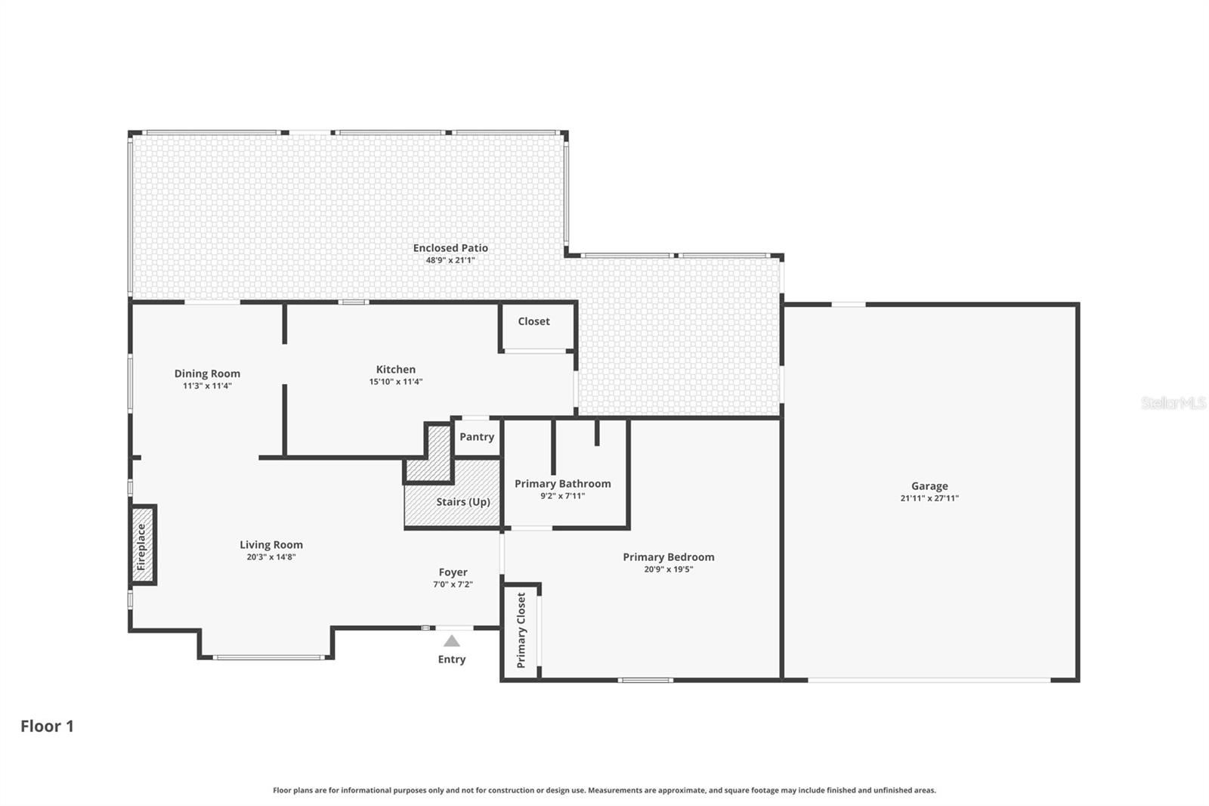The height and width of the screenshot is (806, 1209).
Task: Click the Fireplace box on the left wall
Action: pyautogui.click(x=142, y=545)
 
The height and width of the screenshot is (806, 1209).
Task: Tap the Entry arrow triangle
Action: pyautogui.click(x=451, y=641)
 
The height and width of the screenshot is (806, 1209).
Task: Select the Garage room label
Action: pyautogui.click(x=929, y=486)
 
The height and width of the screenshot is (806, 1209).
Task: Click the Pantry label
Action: pyautogui.click(x=477, y=437)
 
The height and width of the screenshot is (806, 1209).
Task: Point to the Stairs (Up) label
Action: pyautogui.click(x=462, y=502)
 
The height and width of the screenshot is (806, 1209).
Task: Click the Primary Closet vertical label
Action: pyautogui.click(x=521, y=630)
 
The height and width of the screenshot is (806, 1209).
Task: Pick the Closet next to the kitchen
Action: pyautogui.click(x=533, y=321)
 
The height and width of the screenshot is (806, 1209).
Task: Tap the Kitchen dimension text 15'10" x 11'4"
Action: pyautogui.click(x=395, y=382)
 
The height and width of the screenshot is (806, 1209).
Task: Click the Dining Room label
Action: pyautogui.click(x=207, y=374)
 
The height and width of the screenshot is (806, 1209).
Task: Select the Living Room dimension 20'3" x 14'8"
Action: pyautogui.click(x=271, y=557)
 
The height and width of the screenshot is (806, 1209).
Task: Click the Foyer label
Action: pyautogui.click(x=453, y=572)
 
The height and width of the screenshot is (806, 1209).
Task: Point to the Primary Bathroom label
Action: pyautogui.click(x=562, y=484)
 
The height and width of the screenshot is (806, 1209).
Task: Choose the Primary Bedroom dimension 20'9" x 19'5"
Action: pyautogui.click(x=668, y=569)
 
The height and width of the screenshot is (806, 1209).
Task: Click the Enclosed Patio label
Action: pyautogui.click(x=450, y=248)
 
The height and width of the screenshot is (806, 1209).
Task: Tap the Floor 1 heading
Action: pyautogui.click(x=47, y=726)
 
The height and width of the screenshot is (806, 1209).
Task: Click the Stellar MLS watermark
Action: pyautogui.click(x=1173, y=403)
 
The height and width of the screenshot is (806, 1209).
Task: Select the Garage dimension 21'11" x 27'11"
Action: pyautogui.click(x=929, y=498)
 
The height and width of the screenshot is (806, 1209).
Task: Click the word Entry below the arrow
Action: pyautogui.click(x=451, y=659)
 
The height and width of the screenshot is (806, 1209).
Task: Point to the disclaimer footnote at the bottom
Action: pyautogui.click(x=604, y=790)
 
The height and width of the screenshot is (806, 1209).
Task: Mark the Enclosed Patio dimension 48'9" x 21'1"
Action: pyautogui.click(x=450, y=260)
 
